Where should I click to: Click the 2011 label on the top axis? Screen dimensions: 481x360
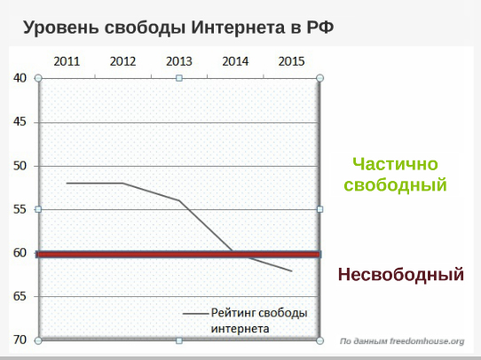pyautogui.click(x=67, y=61)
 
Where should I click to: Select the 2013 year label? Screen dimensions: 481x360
pyautogui.click(x=179, y=61)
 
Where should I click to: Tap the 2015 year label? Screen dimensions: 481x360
pyautogui.click(x=291, y=61)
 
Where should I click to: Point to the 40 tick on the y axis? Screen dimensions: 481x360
pyautogui.click(x=20, y=78)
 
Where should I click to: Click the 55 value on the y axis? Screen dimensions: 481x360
pyautogui.click(x=20, y=209)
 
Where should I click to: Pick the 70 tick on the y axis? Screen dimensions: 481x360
pyautogui.click(x=20, y=340)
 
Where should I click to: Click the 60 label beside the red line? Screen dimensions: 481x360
pyautogui.click(x=20, y=253)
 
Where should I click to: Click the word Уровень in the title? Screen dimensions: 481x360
pyautogui.click(x=61, y=28)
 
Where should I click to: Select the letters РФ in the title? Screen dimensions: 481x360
pyautogui.click(x=320, y=27)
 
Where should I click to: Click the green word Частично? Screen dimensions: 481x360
pyautogui.click(x=395, y=164)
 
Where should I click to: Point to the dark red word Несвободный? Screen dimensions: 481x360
pyautogui.click(x=401, y=274)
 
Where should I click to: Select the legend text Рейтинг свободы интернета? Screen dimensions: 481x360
pyautogui.click(x=259, y=321)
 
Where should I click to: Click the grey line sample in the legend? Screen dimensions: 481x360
pyautogui.click(x=195, y=314)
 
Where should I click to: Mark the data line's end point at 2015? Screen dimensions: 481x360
pyautogui.click(x=291, y=270)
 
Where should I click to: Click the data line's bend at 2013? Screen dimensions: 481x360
pyautogui.click(x=179, y=200)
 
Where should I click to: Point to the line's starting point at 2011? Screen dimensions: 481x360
pyautogui.click(x=67, y=184)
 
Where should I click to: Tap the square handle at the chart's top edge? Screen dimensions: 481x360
pyautogui.click(x=179, y=78)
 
